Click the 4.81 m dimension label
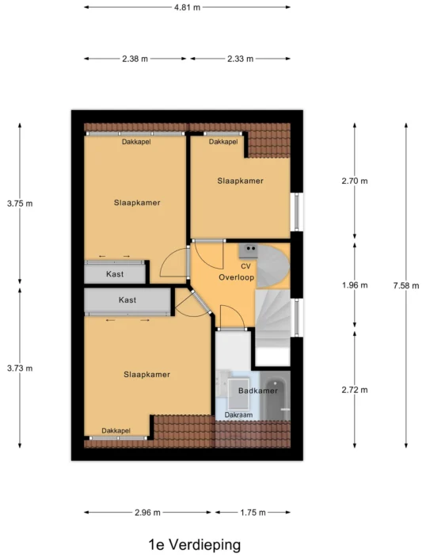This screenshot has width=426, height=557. pyautogui.click(x=187, y=7)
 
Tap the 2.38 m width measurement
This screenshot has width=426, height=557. pyautogui.click(x=135, y=59)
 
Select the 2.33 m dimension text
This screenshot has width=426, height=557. pyautogui.click(x=241, y=59)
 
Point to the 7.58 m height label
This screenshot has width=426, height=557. pyautogui.click(x=406, y=285)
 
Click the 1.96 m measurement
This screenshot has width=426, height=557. pyautogui.click(x=355, y=285)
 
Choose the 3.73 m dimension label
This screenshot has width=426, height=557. pyautogui.click(x=20, y=368)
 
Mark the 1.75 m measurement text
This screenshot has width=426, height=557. pyautogui.click(x=253, y=513)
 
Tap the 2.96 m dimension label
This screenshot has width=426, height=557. pyautogui.click(x=148, y=513)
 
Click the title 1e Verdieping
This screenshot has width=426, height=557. pyautogui.click(x=195, y=544)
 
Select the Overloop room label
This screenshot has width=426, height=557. pyautogui.click(x=237, y=277)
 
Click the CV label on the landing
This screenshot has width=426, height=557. pyautogui.click(x=245, y=266)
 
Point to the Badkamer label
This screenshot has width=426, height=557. pyautogui.click(x=257, y=391)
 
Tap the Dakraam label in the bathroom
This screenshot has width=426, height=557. pyautogui.click(x=238, y=415)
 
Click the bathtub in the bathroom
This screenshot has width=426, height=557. pyautogui.click(x=276, y=395)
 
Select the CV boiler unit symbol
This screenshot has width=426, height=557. pyautogui.click(x=248, y=250)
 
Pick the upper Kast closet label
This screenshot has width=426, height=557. pyautogui.click(x=115, y=274)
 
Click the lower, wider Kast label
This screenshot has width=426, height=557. pyautogui.click(x=127, y=299)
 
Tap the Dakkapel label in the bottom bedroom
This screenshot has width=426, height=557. pyautogui.click(x=116, y=430)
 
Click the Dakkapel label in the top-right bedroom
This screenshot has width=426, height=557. pyautogui.click(x=223, y=142)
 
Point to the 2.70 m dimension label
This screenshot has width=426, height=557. pyautogui.click(x=355, y=181)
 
